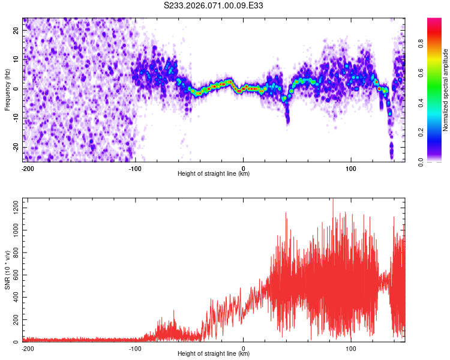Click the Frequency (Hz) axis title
coord(7,90)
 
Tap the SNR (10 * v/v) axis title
coord(7,271)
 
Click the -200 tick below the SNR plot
coord(27,348)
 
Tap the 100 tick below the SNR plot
coord(350,348)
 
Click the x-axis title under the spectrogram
coord(214,174)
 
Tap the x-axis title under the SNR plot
coord(214,354)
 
